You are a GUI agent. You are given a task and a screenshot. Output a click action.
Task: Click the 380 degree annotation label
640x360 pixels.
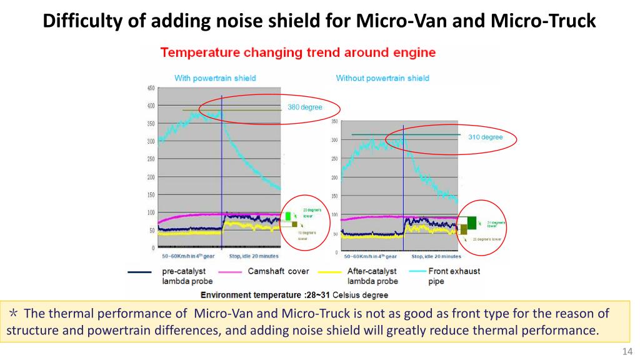tap(305, 107)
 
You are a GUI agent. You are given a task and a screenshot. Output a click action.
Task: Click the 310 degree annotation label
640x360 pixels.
tap(486, 137)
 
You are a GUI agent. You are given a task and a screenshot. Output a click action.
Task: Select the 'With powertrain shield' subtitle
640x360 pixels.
tap(215, 78)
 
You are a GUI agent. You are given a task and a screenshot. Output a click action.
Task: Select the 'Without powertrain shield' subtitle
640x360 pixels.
tap(382, 78)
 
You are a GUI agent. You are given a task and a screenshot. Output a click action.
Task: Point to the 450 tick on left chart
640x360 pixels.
tap(151, 88)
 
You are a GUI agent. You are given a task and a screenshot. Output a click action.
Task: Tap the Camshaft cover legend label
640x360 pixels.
tap(278, 271)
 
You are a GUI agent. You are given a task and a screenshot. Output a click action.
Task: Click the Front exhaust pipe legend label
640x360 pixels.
tap(454, 276)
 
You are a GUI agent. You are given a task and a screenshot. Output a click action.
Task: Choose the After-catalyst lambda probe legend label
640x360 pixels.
tap(372, 276)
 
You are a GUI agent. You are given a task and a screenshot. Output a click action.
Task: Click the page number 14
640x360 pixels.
tap(628, 351)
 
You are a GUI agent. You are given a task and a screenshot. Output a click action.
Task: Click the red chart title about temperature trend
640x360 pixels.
tap(297, 52)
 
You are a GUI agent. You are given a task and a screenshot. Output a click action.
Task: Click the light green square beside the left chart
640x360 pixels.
tap(288, 216)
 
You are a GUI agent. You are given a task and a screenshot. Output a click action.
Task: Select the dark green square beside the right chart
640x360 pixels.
tap(472, 222)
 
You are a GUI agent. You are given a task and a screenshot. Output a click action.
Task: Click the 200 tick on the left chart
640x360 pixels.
tap(151, 177)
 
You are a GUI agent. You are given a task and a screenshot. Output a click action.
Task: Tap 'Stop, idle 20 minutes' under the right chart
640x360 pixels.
tap(436, 256)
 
